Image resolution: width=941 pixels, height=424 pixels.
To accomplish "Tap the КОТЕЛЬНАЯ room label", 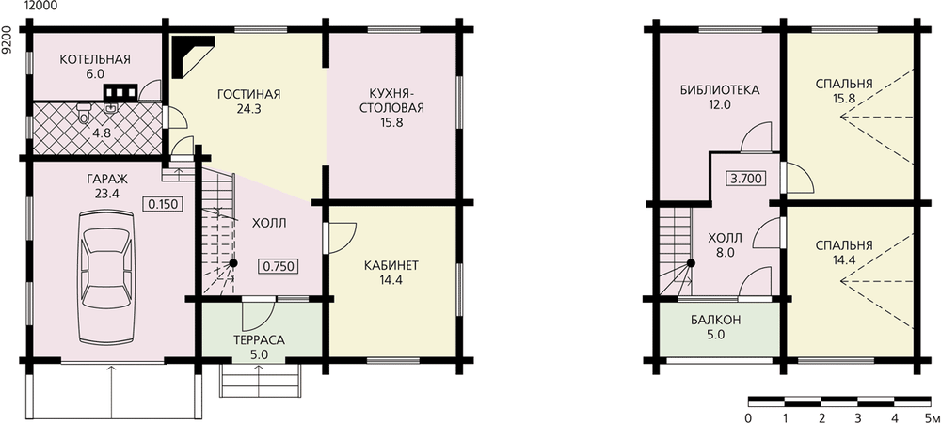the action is pos(95,59).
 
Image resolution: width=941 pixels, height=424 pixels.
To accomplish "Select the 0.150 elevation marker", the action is pos(162,204).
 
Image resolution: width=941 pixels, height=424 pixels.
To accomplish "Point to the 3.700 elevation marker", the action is pos(746,178).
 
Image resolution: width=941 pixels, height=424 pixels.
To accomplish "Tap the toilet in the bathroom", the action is pos(84,113).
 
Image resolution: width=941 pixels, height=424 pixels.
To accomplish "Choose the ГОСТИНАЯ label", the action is pos(249,94).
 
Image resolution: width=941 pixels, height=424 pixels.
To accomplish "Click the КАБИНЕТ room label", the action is pos(391,265).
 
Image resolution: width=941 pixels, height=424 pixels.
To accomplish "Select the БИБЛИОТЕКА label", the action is pos(720,90).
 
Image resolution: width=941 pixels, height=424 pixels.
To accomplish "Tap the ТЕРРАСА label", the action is pos(259,339).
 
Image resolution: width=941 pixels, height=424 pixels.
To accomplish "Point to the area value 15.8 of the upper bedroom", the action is pos(844,99).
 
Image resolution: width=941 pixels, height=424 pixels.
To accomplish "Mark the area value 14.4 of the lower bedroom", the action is pos(844,259).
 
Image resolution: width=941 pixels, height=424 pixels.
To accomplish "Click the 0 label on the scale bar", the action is pos(748,417).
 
